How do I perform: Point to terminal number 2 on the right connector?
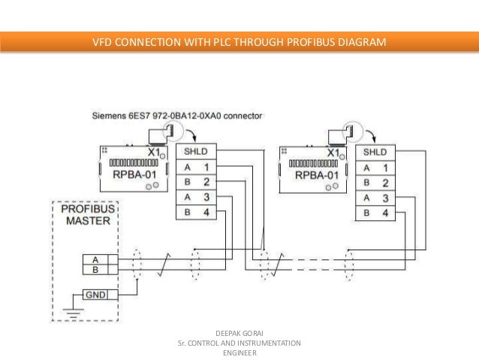[384, 183]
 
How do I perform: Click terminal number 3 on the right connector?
[384, 198]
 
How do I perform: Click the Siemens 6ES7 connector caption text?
[177, 116]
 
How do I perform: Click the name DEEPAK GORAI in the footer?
[239, 332]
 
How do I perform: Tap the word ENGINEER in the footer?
[239, 353]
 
